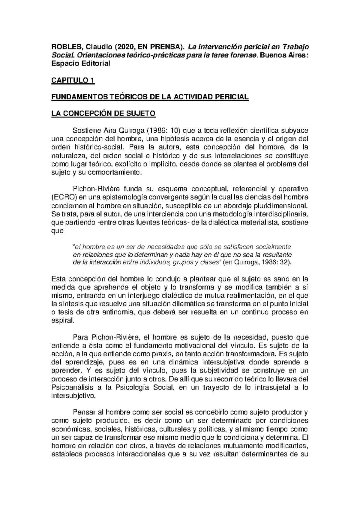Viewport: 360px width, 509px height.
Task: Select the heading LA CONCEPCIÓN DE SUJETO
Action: pyautogui.click(x=103, y=114)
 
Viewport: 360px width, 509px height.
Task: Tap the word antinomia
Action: pyautogui.click(x=116, y=312)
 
